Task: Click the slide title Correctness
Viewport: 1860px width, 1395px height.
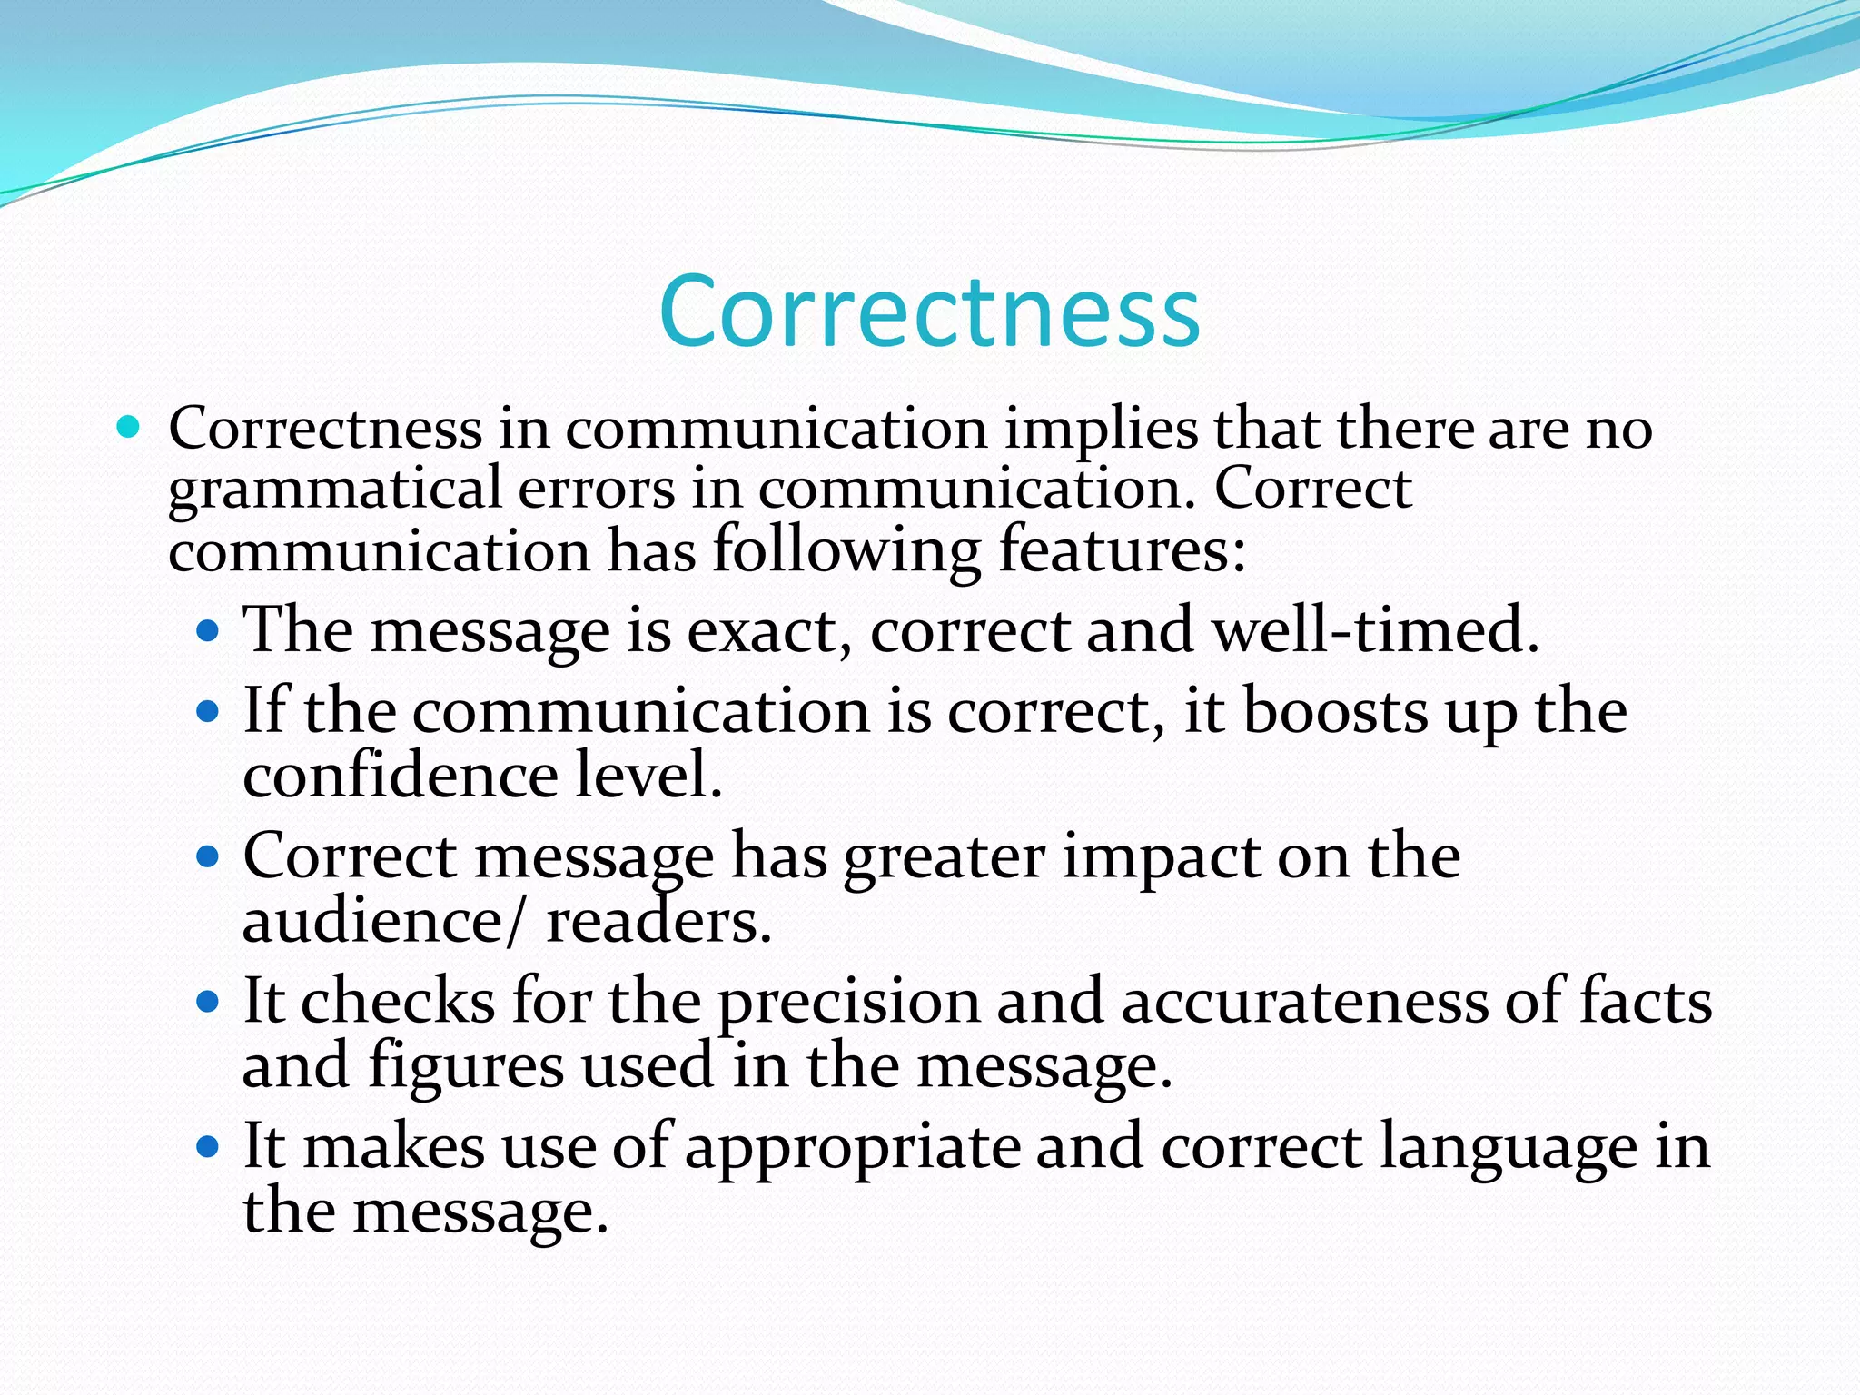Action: pyautogui.click(x=929, y=312)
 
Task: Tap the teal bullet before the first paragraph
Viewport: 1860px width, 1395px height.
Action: pyautogui.click(x=129, y=426)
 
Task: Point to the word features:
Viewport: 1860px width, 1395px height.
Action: pyautogui.click(x=1123, y=550)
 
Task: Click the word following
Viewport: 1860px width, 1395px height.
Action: pyautogui.click(x=846, y=550)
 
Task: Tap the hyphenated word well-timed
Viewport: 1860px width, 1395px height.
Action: pyautogui.click(x=1376, y=629)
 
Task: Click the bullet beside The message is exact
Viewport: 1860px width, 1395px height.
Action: pyautogui.click(x=208, y=629)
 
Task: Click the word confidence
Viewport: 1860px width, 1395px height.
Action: pyautogui.click(x=400, y=776)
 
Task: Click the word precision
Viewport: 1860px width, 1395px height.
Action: pyautogui.click(x=849, y=1003)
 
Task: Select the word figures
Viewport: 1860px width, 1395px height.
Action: pyautogui.click(x=466, y=1066)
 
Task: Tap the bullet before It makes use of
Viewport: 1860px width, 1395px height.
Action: pyautogui.click(x=208, y=1147)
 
